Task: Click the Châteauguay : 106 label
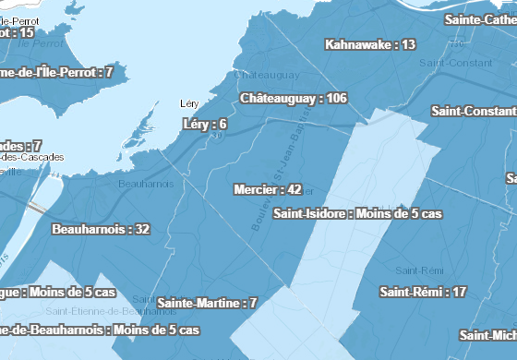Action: pos(293,98)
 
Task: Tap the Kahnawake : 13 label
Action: pos(370,44)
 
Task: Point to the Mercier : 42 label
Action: pos(268,190)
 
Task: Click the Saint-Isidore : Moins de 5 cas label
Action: pos(358,213)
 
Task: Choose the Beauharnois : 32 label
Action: pos(102,229)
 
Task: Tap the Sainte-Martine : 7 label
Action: pos(207,303)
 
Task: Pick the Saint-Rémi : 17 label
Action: pos(423,292)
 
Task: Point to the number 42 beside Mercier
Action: pos(295,190)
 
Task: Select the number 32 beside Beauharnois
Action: pos(142,229)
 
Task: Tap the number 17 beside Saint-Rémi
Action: pos(459,292)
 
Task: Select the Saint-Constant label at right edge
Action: pos(473,111)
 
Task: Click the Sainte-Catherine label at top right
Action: pos(480,18)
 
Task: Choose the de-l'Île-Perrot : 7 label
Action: pos(55,72)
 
